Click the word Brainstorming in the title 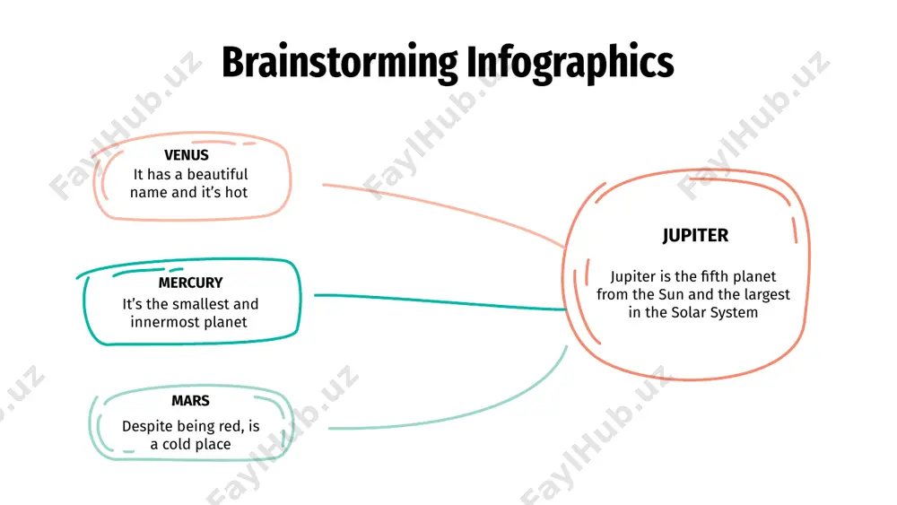point(340,64)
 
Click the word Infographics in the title point(570,64)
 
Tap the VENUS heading point(187,155)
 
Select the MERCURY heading point(190,283)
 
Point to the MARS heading point(190,400)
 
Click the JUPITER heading point(696,236)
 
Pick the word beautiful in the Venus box point(218,174)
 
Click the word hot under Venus point(236,193)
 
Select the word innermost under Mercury point(158,322)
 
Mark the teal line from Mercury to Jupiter point(440,302)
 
